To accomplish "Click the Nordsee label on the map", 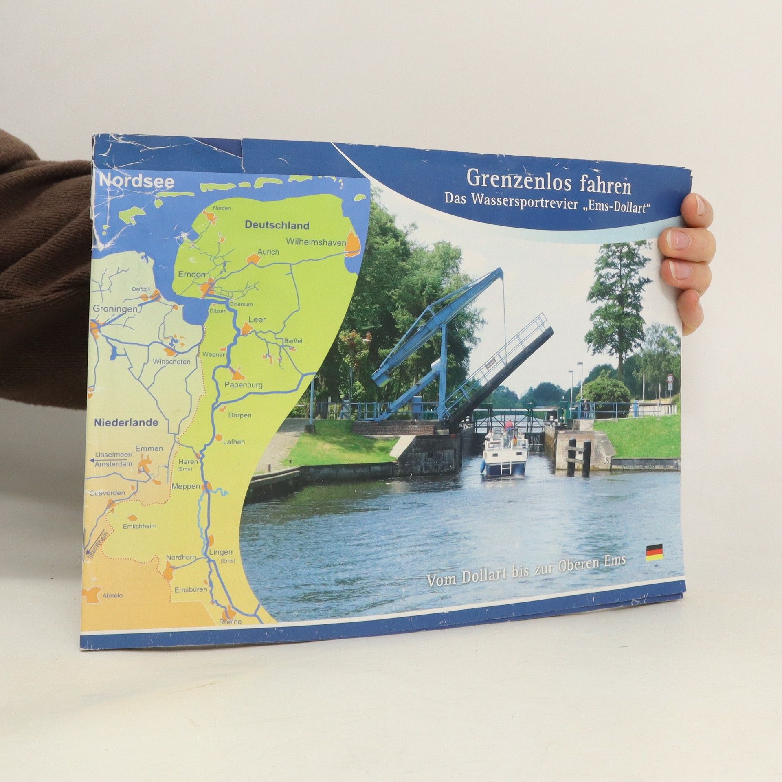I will (137, 182).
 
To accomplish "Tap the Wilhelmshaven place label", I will (316, 241).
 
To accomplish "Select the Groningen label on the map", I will (115, 309).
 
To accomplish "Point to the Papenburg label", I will (244, 384).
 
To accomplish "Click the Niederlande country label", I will (126, 423).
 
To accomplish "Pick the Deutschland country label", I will (277, 225).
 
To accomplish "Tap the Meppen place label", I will (186, 486).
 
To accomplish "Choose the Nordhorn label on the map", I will (181, 557).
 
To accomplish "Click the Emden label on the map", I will (192, 275).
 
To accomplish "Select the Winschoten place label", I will (171, 362).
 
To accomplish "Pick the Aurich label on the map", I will (268, 252).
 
